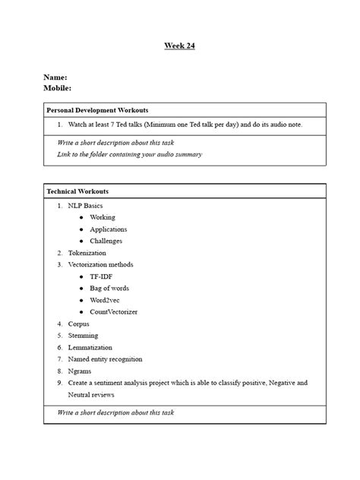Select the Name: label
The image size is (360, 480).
pos(55,77)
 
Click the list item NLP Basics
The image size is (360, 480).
pos(84,206)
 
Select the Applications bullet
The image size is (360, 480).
pos(108,229)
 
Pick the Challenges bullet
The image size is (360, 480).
pos(106,241)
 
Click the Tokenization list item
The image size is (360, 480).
pos(87,253)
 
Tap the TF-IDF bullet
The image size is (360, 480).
pos(101,276)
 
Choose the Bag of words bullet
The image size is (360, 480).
pos(109,288)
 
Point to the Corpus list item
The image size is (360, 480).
pos(78,324)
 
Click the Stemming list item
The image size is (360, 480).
pos(83,335)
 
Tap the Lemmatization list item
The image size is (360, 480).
pos(90,347)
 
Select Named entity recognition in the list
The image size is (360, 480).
pos(105,359)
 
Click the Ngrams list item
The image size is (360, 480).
pos(80,371)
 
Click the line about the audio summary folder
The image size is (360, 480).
pos(129,154)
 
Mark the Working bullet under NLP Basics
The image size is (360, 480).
pos(103,217)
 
